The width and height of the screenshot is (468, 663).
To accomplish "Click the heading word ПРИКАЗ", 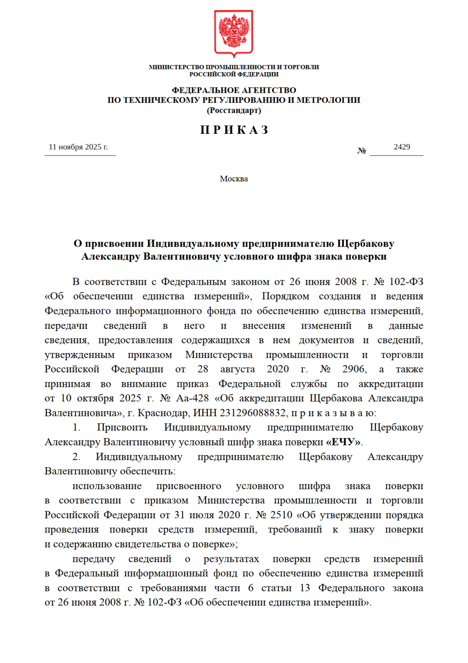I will (234, 130).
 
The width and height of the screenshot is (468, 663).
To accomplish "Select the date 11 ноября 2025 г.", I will (78, 147).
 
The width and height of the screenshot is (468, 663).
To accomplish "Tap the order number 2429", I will (402, 147).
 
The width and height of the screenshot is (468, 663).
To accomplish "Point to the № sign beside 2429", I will (362, 151).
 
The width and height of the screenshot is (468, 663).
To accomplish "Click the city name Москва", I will (234, 179).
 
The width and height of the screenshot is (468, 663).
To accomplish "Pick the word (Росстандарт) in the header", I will (234, 110).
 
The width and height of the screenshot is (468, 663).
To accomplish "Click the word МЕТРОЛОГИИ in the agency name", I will (328, 100).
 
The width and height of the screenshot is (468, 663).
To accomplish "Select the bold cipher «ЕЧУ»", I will (343, 442).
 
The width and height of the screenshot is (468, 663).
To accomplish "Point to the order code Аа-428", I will (192, 398).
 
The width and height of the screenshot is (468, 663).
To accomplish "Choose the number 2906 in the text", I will (354, 369).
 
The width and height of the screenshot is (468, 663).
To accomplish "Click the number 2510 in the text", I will (281, 515).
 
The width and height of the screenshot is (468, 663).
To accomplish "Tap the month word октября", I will (96, 398).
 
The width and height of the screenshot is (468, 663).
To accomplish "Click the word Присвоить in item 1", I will (122, 427).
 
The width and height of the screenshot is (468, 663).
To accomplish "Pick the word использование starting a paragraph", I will (107, 486).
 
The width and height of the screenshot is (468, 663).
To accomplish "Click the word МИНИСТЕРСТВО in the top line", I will (177, 67).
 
